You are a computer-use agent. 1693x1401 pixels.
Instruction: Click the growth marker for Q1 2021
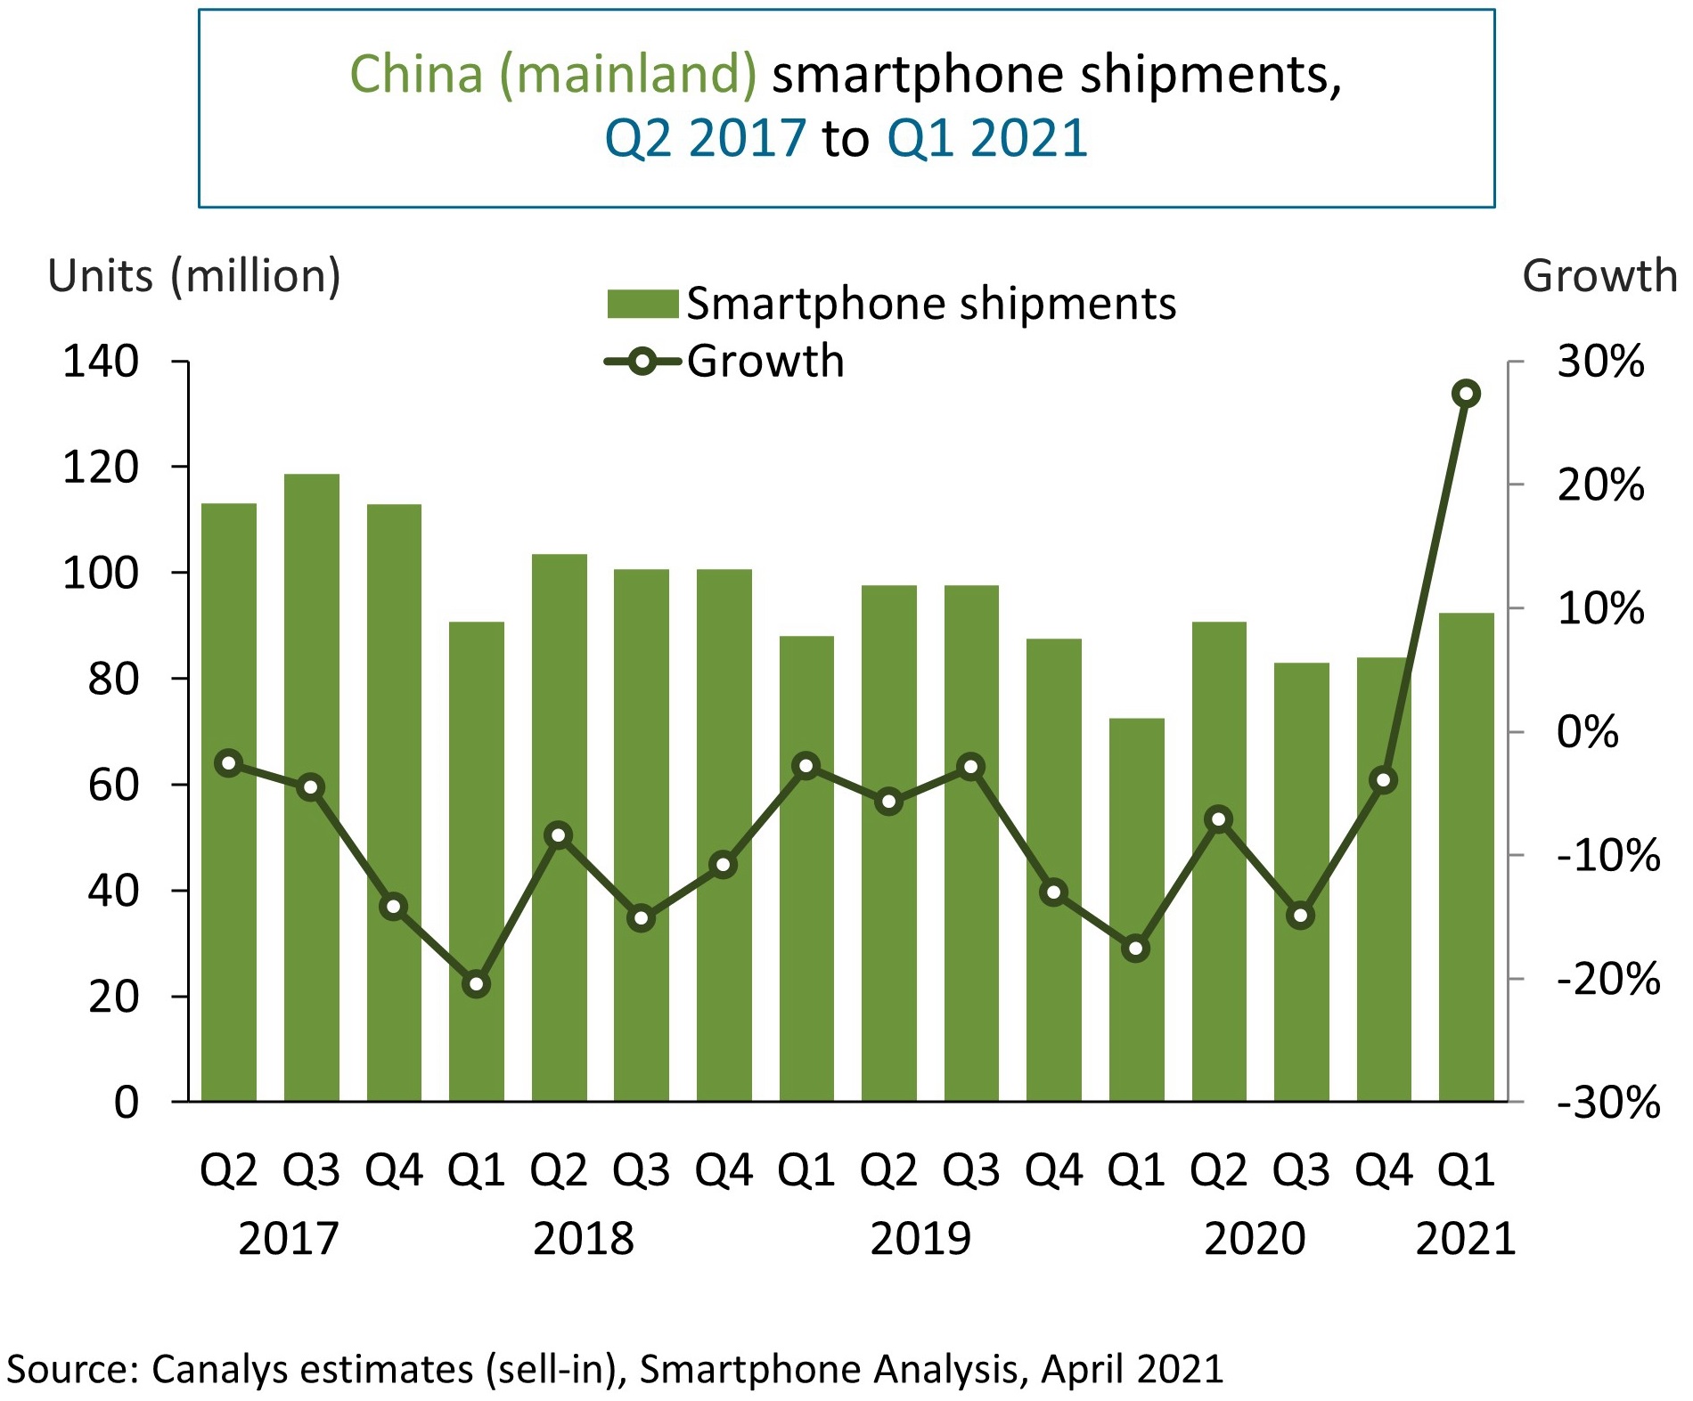1466,394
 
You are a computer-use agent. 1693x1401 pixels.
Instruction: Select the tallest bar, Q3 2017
311,787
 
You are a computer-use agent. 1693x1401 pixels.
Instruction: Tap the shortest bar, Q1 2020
1136,909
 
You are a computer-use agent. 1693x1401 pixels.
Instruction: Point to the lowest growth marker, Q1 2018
477,984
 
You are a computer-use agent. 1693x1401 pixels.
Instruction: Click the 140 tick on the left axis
101,362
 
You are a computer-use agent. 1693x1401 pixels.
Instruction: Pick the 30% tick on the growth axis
1599,362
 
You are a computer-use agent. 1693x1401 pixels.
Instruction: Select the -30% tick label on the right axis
1607,1103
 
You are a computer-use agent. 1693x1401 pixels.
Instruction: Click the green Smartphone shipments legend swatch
642,304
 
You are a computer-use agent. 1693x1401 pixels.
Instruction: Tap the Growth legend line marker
642,362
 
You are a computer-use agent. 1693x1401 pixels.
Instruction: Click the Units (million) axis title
194,276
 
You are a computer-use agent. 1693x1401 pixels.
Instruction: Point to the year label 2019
920,1239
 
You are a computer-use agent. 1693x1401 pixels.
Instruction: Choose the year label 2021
1466,1239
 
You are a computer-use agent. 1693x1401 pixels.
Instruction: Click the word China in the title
416,74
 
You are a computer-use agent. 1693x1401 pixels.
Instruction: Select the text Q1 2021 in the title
987,139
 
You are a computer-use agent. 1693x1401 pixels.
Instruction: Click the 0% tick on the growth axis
1587,732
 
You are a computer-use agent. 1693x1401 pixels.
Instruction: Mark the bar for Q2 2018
559,827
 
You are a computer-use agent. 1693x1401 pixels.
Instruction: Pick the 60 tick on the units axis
113,785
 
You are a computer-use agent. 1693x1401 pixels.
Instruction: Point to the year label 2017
289,1239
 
